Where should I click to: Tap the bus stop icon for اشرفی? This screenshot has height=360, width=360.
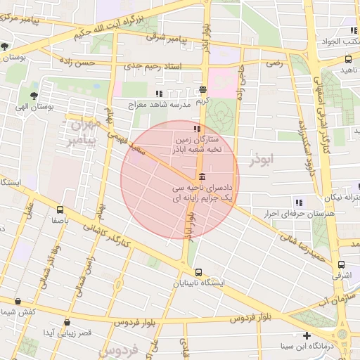point(341,265)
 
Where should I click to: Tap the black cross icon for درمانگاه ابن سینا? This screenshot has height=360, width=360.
point(306,335)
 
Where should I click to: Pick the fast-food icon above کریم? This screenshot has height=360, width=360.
point(202,89)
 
